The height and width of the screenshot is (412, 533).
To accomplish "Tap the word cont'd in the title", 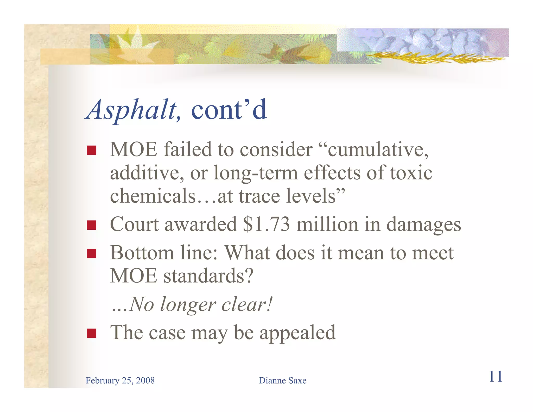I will click(229, 110).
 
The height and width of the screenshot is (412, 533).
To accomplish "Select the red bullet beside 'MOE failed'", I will click(92, 150).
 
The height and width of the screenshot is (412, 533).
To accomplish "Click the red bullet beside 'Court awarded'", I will click(92, 225).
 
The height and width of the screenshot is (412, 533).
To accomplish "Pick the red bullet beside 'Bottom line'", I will click(92, 253).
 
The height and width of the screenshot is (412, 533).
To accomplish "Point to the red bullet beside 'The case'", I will click(92, 333).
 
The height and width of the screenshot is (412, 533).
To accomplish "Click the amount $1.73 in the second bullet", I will click(266, 224).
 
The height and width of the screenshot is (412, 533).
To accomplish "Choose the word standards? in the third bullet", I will click(208, 276).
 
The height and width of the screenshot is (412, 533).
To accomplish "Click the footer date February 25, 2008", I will click(120, 380).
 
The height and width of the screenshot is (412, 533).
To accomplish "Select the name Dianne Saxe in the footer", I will click(282, 380).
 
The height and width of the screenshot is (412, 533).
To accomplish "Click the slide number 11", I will click(496, 377).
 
